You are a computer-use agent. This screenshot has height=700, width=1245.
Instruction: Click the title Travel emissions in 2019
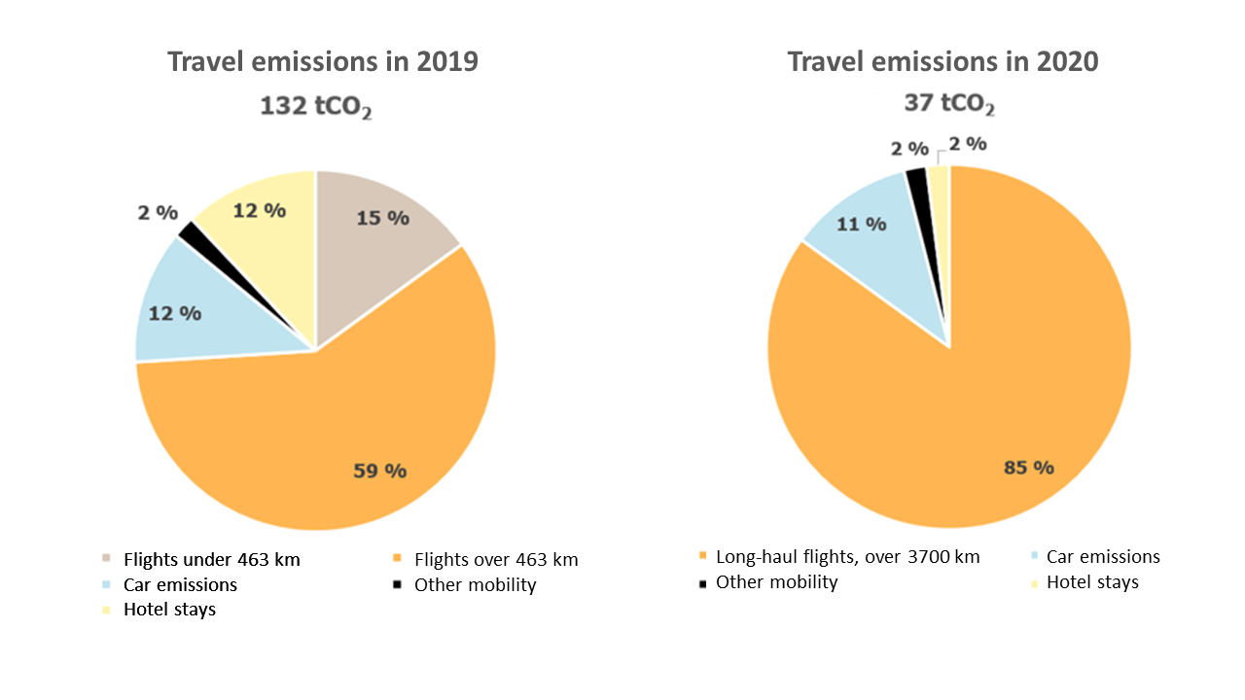323,61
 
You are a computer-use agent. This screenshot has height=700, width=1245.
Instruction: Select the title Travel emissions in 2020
943,61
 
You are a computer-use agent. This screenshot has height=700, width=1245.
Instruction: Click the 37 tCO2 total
949,103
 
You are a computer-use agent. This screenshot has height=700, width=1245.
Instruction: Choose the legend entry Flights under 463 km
211,560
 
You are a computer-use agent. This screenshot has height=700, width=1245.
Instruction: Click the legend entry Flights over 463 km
496,560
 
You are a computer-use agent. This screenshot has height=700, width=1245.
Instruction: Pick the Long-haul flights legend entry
847,557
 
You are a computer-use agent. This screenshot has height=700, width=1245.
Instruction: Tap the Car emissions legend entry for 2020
1103,557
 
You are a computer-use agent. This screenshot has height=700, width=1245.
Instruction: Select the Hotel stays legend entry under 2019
169,611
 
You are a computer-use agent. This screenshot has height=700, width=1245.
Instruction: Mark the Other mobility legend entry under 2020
776,582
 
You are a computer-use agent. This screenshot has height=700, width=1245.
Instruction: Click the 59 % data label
379,472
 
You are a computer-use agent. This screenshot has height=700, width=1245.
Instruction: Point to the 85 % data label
1029,468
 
